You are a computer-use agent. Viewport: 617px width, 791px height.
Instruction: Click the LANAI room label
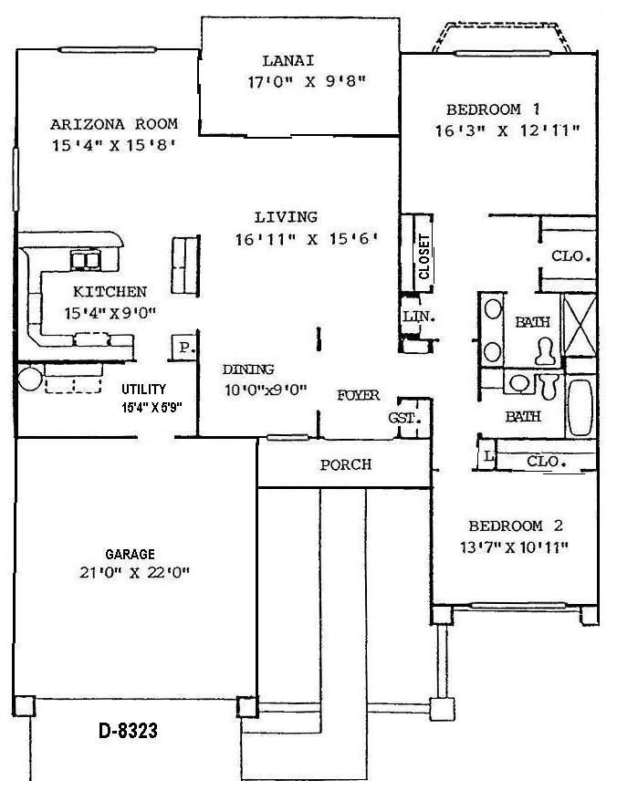click(x=288, y=61)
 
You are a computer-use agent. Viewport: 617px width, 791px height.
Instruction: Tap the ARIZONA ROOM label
click(x=114, y=124)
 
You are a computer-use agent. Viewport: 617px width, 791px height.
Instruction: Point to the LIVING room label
click(x=286, y=217)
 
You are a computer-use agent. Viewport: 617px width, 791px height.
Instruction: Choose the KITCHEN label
click(x=110, y=292)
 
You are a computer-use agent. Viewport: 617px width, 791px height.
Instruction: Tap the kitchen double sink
click(x=87, y=261)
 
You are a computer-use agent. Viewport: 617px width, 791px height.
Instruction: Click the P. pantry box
click(x=184, y=348)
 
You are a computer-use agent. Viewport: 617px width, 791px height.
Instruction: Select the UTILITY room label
click(x=143, y=390)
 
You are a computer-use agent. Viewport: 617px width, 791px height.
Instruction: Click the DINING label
click(x=248, y=369)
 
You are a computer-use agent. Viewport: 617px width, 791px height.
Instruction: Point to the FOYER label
click(x=358, y=396)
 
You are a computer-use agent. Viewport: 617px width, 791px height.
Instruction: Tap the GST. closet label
click(x=403, y=419)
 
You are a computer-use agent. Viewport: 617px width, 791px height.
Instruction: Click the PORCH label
click(x=345, y=464)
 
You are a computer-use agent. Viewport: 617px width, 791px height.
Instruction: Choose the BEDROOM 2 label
click(x=516, y=526)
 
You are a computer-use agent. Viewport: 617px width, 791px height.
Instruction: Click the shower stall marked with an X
click(x=578, y=325)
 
